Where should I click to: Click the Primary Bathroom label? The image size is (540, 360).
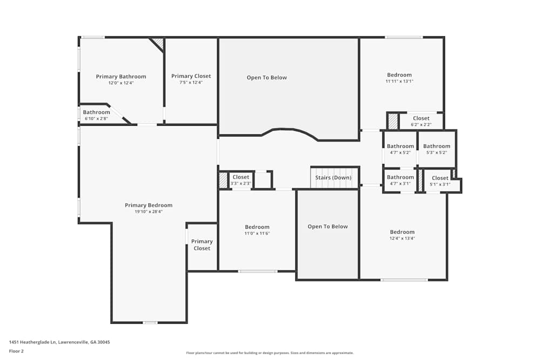click(121, 77)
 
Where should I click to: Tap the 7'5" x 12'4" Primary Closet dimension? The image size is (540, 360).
click(191, 83)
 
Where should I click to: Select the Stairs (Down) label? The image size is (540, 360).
click(333, 178)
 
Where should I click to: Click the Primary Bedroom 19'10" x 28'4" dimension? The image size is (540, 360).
click(148, 212)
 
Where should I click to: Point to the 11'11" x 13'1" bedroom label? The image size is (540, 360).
click(399, 75)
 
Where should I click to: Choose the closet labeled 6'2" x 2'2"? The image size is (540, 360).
click(421, 118)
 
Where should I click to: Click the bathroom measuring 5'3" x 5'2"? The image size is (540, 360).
click(436, 146)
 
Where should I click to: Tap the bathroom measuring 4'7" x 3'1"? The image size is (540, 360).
click(400, 178)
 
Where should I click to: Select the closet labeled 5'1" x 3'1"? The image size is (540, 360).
click(440, 178)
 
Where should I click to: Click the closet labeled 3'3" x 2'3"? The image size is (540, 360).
click(241, 177)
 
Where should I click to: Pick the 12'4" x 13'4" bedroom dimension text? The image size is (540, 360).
click(402, 238)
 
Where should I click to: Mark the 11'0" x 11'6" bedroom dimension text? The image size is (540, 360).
click(257, 233)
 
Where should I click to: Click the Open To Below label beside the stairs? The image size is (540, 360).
click(328, 227)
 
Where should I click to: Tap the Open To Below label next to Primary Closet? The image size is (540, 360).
click(267, 78)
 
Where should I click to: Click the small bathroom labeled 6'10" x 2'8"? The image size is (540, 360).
click(96, 112)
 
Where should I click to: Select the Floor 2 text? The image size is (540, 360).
click(16, 351)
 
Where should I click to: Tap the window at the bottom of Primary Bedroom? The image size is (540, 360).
click(150, 323)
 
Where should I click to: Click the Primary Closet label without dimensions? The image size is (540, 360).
click(202, 245)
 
